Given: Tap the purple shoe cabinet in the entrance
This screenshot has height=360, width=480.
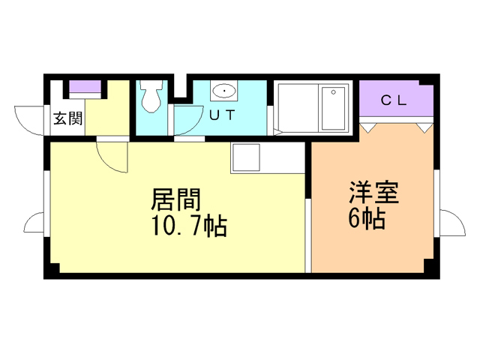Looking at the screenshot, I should coord(85,88).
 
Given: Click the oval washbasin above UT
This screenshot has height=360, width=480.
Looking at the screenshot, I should coord(224,91).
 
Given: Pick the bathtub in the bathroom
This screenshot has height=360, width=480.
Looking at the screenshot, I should coord(333,107).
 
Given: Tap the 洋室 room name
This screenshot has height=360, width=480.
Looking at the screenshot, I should coord(373,193).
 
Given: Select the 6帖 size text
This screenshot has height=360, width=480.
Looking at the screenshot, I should coord(367,220).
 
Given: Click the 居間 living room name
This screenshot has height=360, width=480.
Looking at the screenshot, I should coord(176,199).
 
